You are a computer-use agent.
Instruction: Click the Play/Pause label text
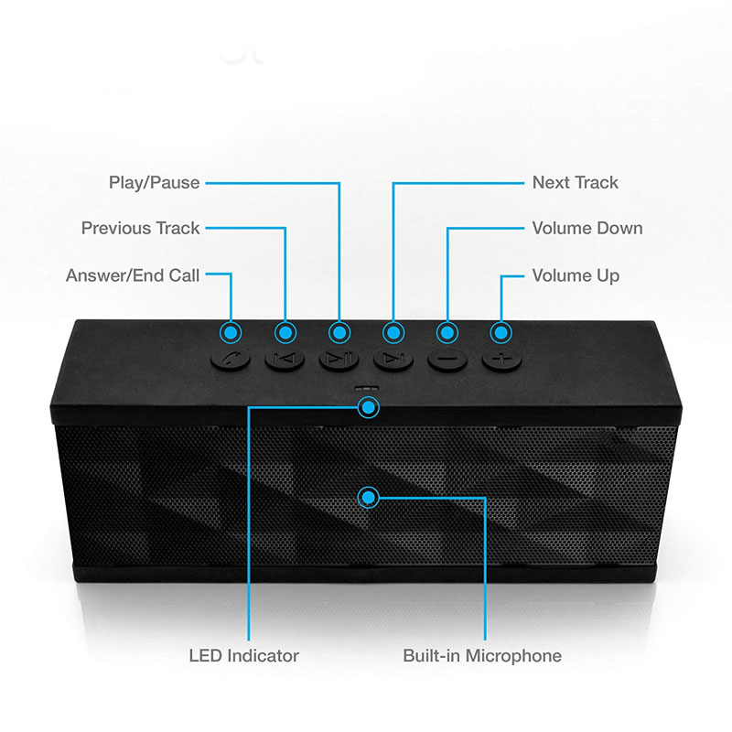coord(154,182)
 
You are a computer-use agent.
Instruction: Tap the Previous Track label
coord(141,228)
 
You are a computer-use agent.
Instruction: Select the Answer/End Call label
coord(133,275)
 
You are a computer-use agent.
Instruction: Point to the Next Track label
coord(576,182)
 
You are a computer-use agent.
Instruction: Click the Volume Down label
coord(587,228)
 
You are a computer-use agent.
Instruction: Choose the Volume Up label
coord(576,276)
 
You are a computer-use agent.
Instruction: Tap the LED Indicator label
coord(243,655)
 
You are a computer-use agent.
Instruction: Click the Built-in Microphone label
coord(482,655)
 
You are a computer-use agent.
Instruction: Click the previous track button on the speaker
coord(285,359)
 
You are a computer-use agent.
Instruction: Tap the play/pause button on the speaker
coord(339,359)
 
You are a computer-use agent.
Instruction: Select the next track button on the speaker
coord(393,359)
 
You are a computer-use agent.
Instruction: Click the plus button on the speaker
coord(501,359)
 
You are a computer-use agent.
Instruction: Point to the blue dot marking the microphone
coord(369,498)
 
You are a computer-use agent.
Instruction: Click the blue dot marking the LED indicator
coord(369,407)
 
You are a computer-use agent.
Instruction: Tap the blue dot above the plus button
coord(501,333)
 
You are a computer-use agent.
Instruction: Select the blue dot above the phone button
coord(231,333)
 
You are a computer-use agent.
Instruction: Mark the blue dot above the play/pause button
coord(339,333)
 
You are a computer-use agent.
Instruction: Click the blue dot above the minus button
coord(447,333)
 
